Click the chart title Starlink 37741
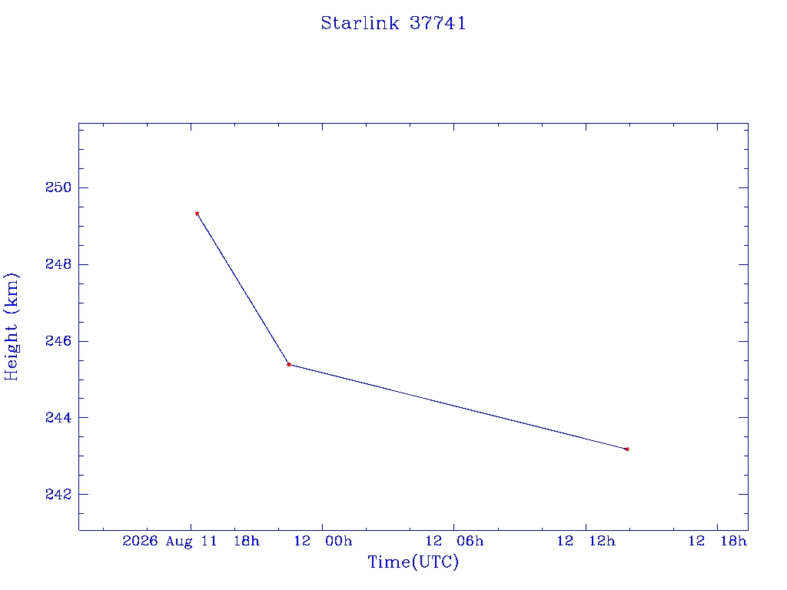pos(393,23)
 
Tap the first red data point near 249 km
pos(198,214)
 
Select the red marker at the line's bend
pos(289,364)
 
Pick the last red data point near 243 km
pos(627,449)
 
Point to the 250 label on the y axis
pos(58,187)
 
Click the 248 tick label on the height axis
pos(58,264)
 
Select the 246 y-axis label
pos(58,341)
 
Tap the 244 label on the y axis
pos(58,417)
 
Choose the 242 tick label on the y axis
pos(58,494)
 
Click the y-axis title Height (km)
pos(12,326)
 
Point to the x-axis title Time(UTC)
pos(413,562)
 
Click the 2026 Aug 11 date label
pos(170,542)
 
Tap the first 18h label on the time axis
pos(247,541)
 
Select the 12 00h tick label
pos(324,541)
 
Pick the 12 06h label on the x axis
pos(455,541)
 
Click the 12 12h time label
pos(586,541)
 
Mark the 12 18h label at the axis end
pos(718,541)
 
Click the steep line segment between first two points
pos(243,289)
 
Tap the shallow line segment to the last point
pos(458,407)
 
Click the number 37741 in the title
pos(437,23)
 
